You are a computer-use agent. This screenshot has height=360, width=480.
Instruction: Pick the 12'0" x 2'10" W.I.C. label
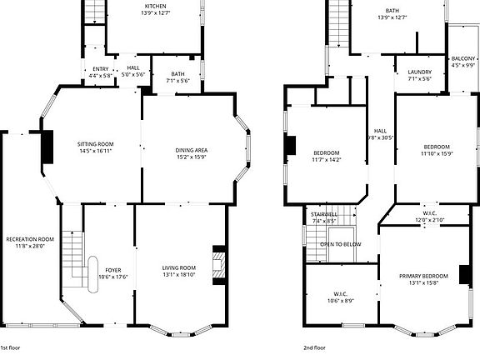point(429,217)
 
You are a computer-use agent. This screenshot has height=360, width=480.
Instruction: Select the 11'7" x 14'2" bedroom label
point(326,156)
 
